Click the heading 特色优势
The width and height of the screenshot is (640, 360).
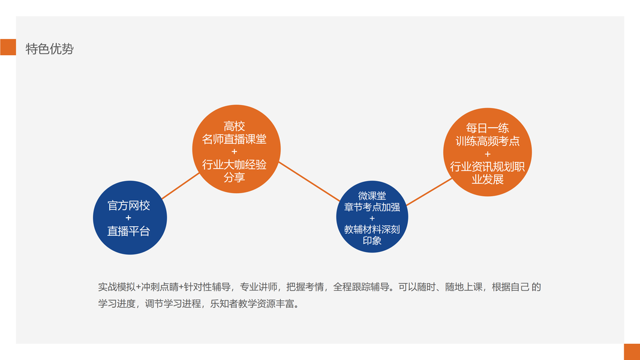pos(49,49)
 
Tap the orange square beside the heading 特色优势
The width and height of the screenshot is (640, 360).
pos(8,47)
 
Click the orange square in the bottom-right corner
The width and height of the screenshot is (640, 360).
pos(632,352)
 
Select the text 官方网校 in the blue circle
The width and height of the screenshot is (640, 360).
pos(128,206)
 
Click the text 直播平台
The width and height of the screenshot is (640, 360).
pos(128,231)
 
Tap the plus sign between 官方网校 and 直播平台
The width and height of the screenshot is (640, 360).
pos(128,218)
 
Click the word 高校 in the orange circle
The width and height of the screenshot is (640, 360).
pos(234,126)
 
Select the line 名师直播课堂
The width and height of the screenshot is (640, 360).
pos(234,139)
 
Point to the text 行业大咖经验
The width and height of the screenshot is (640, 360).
pos(234,165)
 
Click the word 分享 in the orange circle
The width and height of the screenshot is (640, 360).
pos(234,178)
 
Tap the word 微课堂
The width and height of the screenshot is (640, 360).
pos(372,196)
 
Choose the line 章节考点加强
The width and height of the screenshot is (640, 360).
pos(372,208)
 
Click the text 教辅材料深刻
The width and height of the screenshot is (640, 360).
pos(372,229)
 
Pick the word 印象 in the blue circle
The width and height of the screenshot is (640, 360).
pos(372,241)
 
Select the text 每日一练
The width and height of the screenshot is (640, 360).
pos(487,128)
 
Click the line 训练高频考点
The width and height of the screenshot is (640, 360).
pos(487,141)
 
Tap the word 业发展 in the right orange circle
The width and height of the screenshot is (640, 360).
pos(487,179)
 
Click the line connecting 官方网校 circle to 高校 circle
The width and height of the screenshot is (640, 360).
pos(180,186)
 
